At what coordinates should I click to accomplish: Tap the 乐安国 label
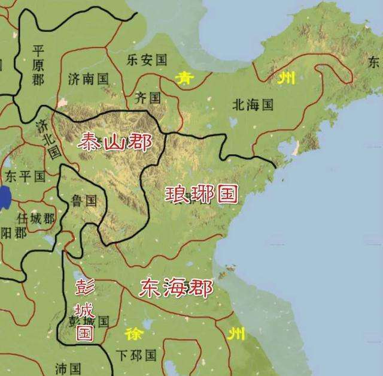pyautogui.click(x=147, y=60)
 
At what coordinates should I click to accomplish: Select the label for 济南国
pyautogui.click(x=88, y=79)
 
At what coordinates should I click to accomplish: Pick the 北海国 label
pyautogui.click(x=252, y=105)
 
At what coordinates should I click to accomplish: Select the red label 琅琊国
pyautogui.click(x=201, y=194)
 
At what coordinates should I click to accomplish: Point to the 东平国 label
pyautogui.click(x=25, y=176)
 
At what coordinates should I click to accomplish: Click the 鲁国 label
pyautogui.click(x=84, y=201)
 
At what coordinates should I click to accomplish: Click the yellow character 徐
pyautogui.click(x=133, y=333)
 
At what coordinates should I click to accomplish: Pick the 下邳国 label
pyautogui.click(x=136, y=356)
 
